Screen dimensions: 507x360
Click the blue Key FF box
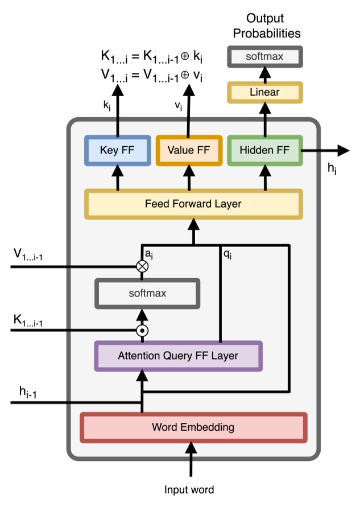tap(117, 151)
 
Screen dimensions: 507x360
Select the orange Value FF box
tap(188, 151)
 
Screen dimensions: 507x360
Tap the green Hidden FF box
tap(264, 151)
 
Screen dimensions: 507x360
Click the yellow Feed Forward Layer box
tap(193, 204)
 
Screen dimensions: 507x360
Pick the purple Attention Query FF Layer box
tap(178, 357)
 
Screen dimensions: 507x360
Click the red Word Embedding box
tap(193, 427)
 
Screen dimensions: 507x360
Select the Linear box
tap(264, 92)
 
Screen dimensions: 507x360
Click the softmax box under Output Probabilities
tap(264, 57)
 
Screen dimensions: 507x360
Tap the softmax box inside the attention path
tap(147, 294)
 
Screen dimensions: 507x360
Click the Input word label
tap(189, 490)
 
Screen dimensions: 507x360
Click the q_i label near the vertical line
tap(228, 254)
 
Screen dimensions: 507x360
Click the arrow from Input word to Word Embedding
tap(191, 461)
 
